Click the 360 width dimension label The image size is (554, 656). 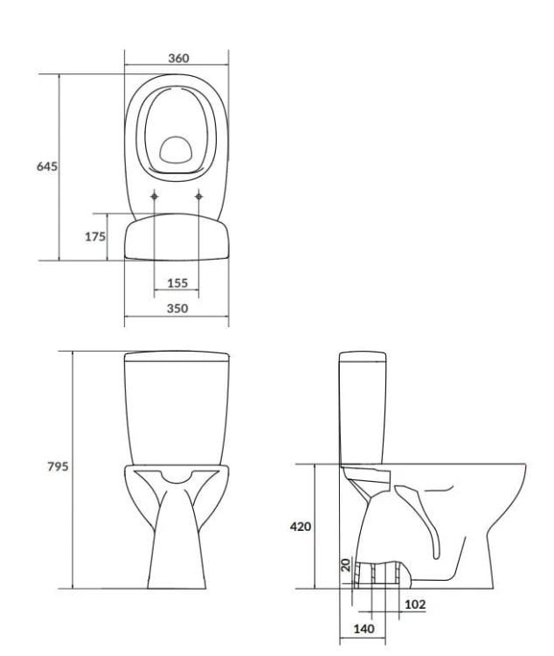(x=178, y=58)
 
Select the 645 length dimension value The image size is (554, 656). (x=47, y=166)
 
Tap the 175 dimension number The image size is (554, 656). (x=95, y=237)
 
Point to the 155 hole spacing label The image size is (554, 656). (x=177, y=283)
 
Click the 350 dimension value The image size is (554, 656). (x=177, y=309)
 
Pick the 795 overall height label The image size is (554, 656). (x=58, y=466)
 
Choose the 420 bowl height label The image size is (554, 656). (x=301, y=527)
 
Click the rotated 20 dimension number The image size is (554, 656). (x=346, y=565)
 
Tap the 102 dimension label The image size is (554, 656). (x=415, y=604)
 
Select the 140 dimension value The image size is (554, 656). (x=364, y=629)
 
